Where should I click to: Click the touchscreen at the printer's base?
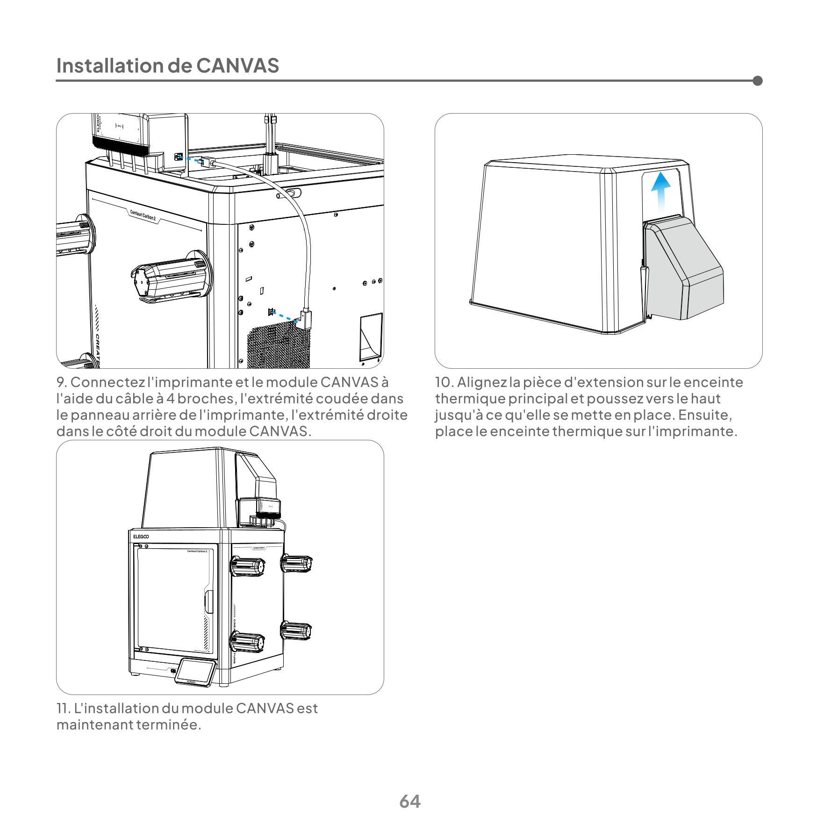[x=196, y=672]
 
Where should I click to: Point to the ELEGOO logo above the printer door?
[x=141, y=537]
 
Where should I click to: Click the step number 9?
[x=62, y=382]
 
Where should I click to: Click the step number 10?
[x=444, y=382]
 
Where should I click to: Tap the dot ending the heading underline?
[x=758, y=81]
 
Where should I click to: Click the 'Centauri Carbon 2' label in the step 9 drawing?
[x=143, y=215]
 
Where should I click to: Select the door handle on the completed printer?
[x=208, y=602]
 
